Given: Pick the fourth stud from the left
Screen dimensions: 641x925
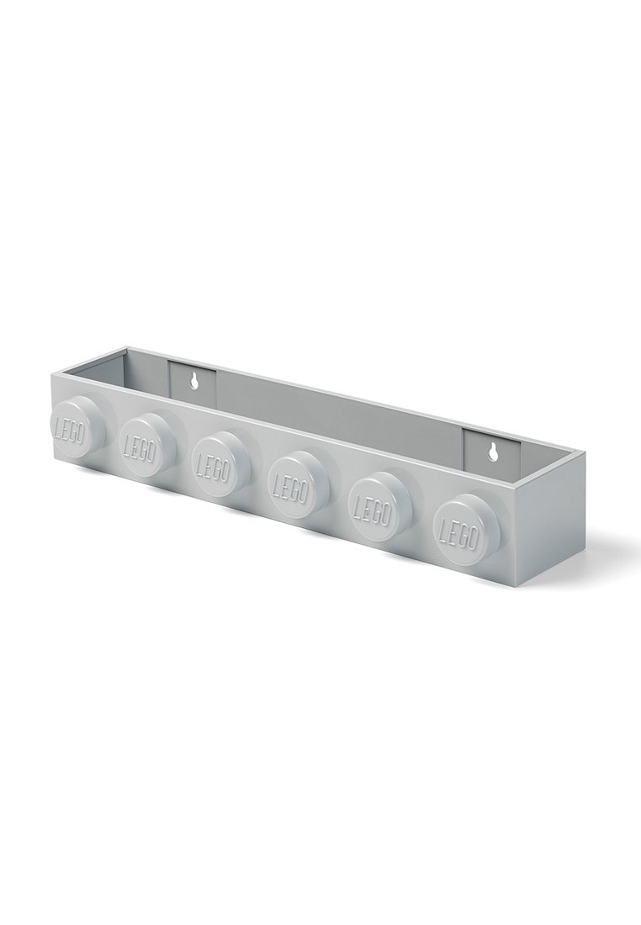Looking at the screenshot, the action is (x=296, y=484).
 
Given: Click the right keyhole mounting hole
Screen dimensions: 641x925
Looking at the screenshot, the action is (x=491, y=452).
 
